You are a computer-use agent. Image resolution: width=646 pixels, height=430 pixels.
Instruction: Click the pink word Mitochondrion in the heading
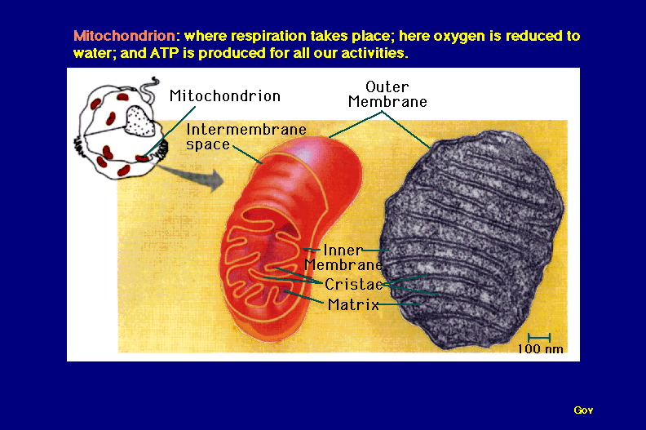[125, 36]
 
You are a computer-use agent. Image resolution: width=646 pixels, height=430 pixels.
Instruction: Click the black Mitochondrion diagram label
[225, 96]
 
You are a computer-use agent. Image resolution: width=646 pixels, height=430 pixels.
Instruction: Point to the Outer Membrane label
[387, 95]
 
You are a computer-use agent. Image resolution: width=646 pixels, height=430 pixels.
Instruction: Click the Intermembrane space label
[246, 137]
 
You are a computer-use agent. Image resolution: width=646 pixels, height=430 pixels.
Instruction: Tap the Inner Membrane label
[343, 257]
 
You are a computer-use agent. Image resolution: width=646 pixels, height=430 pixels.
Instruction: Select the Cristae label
[354, 284]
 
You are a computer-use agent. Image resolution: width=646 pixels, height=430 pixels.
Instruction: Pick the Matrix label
[353, 304]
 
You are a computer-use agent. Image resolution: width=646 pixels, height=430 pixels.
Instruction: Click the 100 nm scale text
[540, 348]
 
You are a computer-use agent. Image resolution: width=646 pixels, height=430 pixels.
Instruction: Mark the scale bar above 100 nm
[539, 338]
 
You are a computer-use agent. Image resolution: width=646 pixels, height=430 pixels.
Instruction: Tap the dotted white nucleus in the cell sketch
[140, 121]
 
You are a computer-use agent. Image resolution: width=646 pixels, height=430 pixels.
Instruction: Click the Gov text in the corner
[583, 410]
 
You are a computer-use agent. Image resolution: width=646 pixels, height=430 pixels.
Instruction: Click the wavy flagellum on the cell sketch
[148, 89]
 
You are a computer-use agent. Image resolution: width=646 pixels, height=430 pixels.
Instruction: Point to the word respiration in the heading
[267, 37]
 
